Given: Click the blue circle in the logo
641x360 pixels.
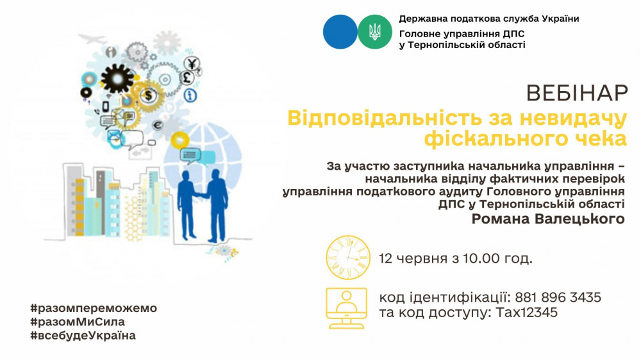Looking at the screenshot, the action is pos(340,32).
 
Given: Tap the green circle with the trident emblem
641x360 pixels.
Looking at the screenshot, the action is pos(375,32).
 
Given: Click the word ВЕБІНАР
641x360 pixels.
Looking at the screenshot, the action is pos(577,93).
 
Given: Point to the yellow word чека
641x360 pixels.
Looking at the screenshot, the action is pos(600,138).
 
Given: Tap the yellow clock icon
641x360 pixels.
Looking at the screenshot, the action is pos(348,258).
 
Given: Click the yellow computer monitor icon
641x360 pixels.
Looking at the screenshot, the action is pos(346,308).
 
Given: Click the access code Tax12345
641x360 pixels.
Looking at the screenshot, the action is pos(526,313).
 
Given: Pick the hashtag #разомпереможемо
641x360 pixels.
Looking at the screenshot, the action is pos(94,308).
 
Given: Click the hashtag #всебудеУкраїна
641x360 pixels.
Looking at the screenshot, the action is pos(83,336).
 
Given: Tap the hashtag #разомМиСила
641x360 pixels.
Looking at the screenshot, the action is pos(78,322).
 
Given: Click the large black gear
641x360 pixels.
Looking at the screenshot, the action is pos(117,79).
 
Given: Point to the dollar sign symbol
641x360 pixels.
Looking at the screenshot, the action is pos(149,95).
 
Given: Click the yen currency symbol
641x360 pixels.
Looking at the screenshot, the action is pos(192,64).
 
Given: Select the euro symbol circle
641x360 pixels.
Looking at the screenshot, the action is pos(158,126).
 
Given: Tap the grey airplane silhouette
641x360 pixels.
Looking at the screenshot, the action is pos(93,40).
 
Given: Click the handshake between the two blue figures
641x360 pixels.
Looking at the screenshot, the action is pos(200,195).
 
